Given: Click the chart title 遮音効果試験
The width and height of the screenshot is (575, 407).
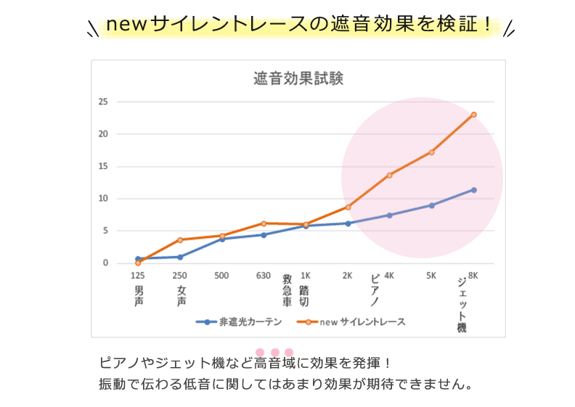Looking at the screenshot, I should coord(298,78).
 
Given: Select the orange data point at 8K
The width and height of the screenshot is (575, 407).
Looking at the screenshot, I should coord(473,115).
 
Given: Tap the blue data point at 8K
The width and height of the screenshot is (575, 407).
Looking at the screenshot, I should coord(473,190).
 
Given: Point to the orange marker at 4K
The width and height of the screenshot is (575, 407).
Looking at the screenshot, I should coord(390,175).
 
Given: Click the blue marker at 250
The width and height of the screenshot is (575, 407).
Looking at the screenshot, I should coord(180,257).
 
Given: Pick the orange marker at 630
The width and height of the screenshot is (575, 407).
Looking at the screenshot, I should coord(264,223).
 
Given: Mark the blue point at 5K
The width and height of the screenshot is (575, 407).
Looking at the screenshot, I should coord(431,205).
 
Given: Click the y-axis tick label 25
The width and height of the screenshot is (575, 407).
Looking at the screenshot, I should coord(103,102).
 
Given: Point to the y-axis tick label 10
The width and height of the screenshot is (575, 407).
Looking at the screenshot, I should coord(103,199).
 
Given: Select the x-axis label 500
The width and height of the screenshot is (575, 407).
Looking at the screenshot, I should coord(221,276).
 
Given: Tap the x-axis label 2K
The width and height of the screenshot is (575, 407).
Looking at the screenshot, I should coord(347,276).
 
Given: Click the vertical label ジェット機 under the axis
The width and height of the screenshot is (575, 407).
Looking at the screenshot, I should coord(462,304).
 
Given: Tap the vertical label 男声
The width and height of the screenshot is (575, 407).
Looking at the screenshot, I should coord(139,295).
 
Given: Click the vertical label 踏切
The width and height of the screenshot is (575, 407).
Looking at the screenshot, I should coord(304,295).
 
